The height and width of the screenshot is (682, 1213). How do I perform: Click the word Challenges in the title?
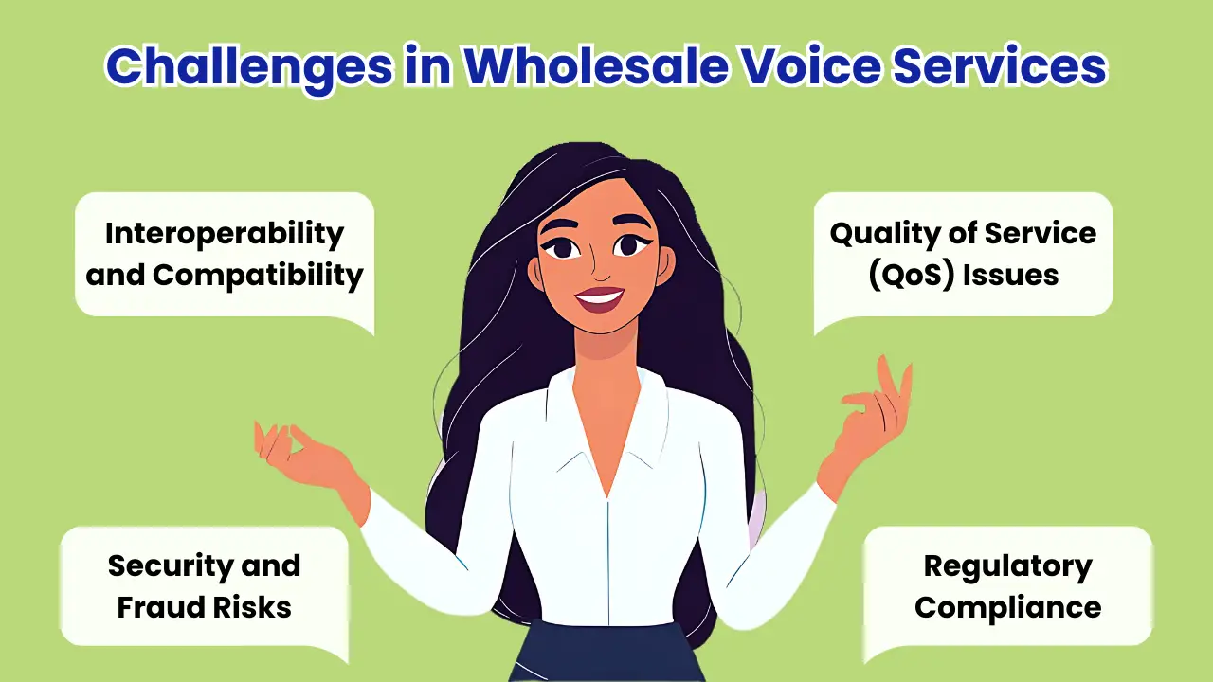click(x=249, y=67)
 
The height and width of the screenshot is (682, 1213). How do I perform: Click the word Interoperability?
click(x=225, y=235)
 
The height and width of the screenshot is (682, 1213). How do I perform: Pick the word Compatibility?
click(x=258, y=277)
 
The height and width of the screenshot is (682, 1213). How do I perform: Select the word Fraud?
click(x=161, y=607)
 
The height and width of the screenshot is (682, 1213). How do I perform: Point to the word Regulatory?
click(x=1007, y=567)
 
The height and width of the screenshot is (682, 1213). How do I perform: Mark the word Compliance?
click(x=1007, y=608)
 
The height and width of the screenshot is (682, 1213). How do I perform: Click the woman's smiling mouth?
click(x=600, y=298)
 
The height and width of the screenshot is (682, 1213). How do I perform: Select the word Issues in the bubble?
click(x=1010, y=276)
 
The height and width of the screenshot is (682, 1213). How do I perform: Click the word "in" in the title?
click(x=427, y=66)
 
